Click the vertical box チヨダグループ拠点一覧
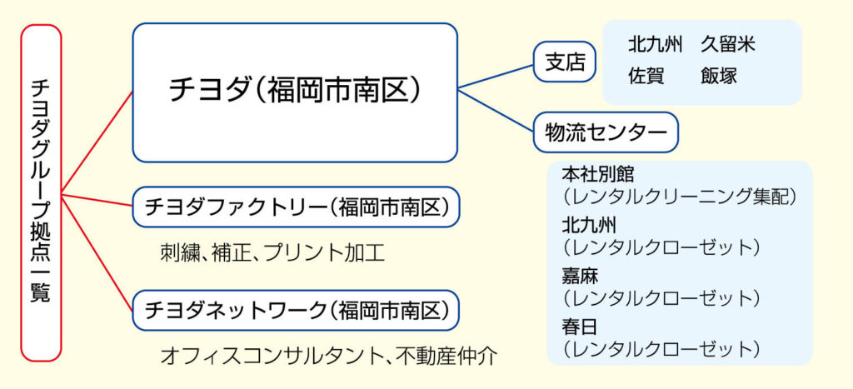41,192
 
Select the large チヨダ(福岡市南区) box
295,92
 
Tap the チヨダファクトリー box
296,207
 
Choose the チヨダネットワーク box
296,310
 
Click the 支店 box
565,62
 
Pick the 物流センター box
606,132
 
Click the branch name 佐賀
646,76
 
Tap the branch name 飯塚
719,76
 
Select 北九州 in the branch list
656,45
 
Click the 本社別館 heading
597,175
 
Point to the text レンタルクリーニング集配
680,197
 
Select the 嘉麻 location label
580,276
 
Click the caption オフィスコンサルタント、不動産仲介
328,357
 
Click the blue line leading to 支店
496,74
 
